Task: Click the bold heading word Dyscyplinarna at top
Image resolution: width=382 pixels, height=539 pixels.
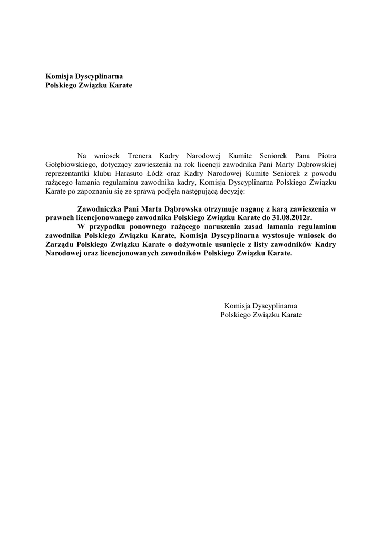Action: (x=97, y=76)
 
